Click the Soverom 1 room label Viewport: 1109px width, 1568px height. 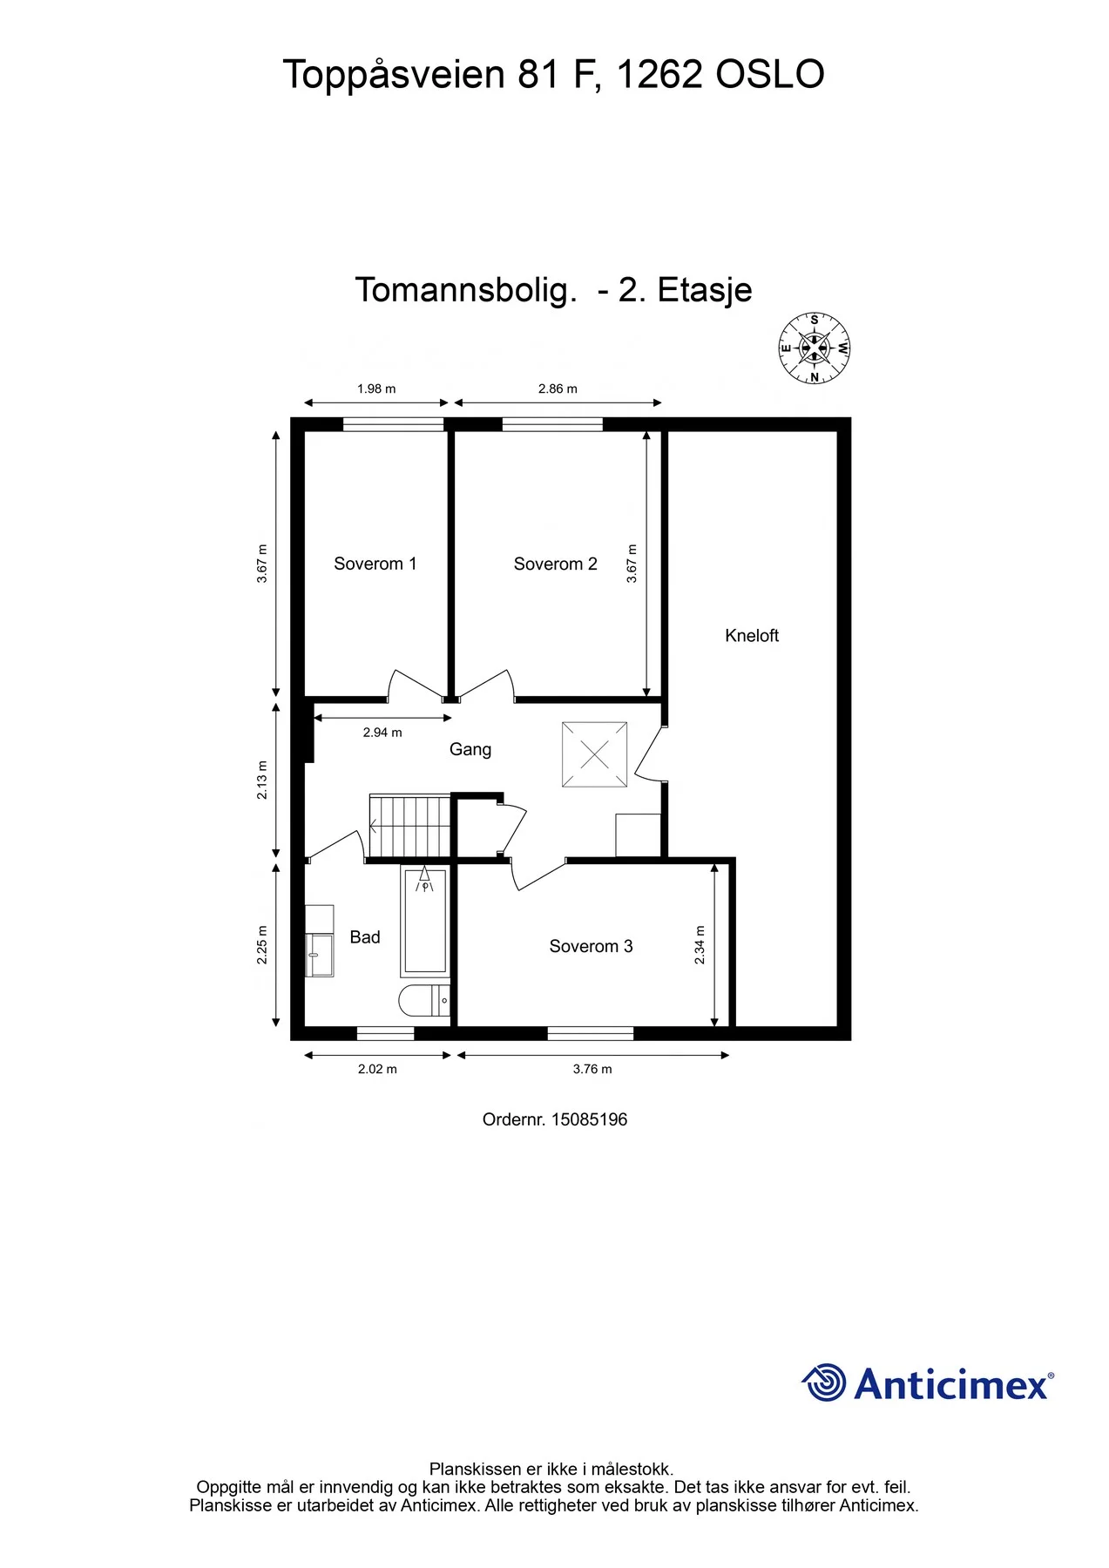pos(375,564)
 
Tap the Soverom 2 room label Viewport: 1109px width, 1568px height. pos(555,564)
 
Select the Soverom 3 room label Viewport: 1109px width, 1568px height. pos(591,946)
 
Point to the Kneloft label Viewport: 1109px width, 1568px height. pos(752,636)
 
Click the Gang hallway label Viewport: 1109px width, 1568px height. pos(470,750)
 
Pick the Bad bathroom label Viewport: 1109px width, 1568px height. pos(365,937)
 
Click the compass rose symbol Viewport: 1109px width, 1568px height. pos(815,348)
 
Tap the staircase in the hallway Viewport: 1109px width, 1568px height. pos(409,826)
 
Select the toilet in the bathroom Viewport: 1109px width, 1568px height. pos(424,1001)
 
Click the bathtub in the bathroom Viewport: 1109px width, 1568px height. pos(425,921)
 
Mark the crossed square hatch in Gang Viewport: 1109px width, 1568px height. pos(594,754)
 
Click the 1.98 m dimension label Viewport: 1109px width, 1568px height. pos(376,389)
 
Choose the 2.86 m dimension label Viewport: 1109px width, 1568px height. pos(558,389)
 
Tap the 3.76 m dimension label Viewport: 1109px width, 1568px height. pos(592,1069)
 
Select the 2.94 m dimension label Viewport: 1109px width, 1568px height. pos(382,733)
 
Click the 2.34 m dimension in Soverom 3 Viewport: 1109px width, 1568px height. pos(700,945)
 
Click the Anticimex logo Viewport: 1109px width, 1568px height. pos(928,1383)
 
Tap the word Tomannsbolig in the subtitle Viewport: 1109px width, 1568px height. pos(466,290)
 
